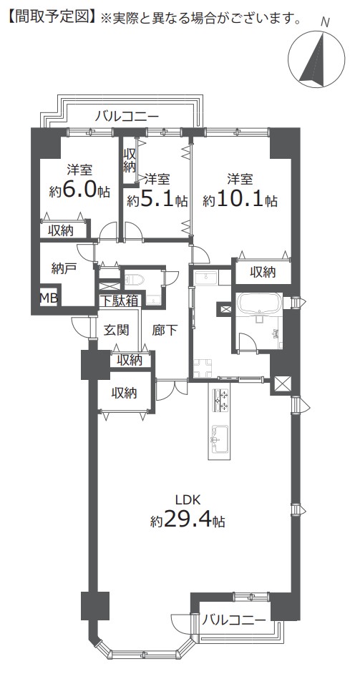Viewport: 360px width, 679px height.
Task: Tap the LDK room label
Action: [188, 500]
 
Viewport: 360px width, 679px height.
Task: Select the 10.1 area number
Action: [240, 199]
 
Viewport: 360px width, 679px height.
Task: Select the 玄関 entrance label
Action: [117, 331]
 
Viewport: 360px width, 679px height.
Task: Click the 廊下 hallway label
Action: [165, 331]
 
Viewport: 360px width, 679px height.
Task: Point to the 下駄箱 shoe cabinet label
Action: [119, 301]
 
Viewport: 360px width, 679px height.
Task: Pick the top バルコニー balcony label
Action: [127, 117]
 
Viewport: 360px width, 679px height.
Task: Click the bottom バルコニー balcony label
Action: [234, 620]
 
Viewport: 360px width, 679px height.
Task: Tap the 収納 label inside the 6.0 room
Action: [61, 231]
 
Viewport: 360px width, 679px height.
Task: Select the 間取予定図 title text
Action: [52, 17]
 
